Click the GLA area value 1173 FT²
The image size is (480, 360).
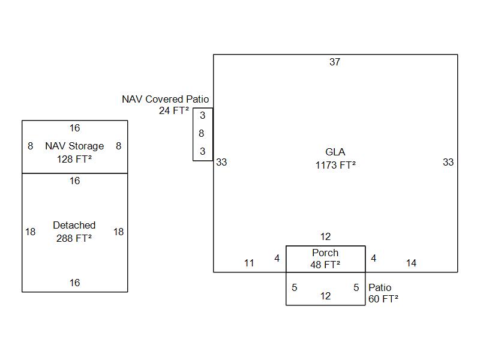tap(335, 165)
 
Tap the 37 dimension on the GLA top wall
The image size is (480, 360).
tap(335, 62)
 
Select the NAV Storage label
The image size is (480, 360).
tap(74, 146)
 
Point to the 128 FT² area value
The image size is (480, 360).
tap(74, 159)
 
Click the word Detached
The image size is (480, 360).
tap(74, 225)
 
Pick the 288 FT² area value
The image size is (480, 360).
tap(74, 238)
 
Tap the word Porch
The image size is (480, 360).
tap(325, 253)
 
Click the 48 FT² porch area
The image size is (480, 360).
tap(325, 264)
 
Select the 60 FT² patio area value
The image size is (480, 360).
tap(383, 298)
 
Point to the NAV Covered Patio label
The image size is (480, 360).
tap(166, 99)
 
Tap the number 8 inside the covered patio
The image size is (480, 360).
tap(202, 133)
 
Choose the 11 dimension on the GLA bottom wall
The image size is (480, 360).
tap(249, 263)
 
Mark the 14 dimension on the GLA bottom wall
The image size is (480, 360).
tap(411, 263)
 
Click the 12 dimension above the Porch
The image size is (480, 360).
tap(325, 237)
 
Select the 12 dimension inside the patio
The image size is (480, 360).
tap(325, 296)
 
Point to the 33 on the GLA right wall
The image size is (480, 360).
tap(448, 162)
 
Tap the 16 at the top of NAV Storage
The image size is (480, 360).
tap(74, 128)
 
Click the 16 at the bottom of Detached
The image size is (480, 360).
tap(74, 283)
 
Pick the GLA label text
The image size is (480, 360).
tap(335, 152)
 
